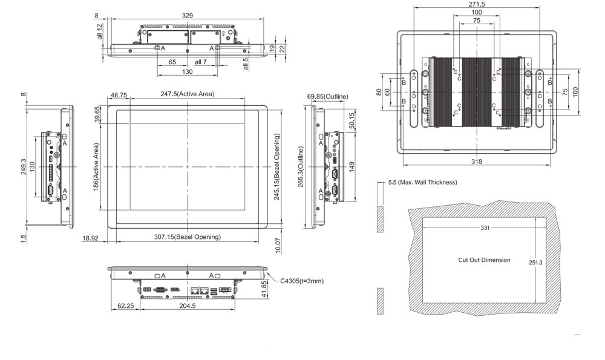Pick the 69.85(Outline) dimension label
click(x=327, y=96)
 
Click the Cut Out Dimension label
click(x=484, y=260)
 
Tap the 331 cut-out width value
click(x=485, y=227)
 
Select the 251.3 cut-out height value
click(x=535, y=262)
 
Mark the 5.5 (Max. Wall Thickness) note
click(x=422, y=182)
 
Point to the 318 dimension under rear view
click(x=477, y=162)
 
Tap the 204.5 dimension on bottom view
click(x=188, y=306)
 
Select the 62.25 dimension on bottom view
click(x=125, y=306)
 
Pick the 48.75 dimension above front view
click(x=119, y=95)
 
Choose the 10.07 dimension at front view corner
click(x=278, y=244)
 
